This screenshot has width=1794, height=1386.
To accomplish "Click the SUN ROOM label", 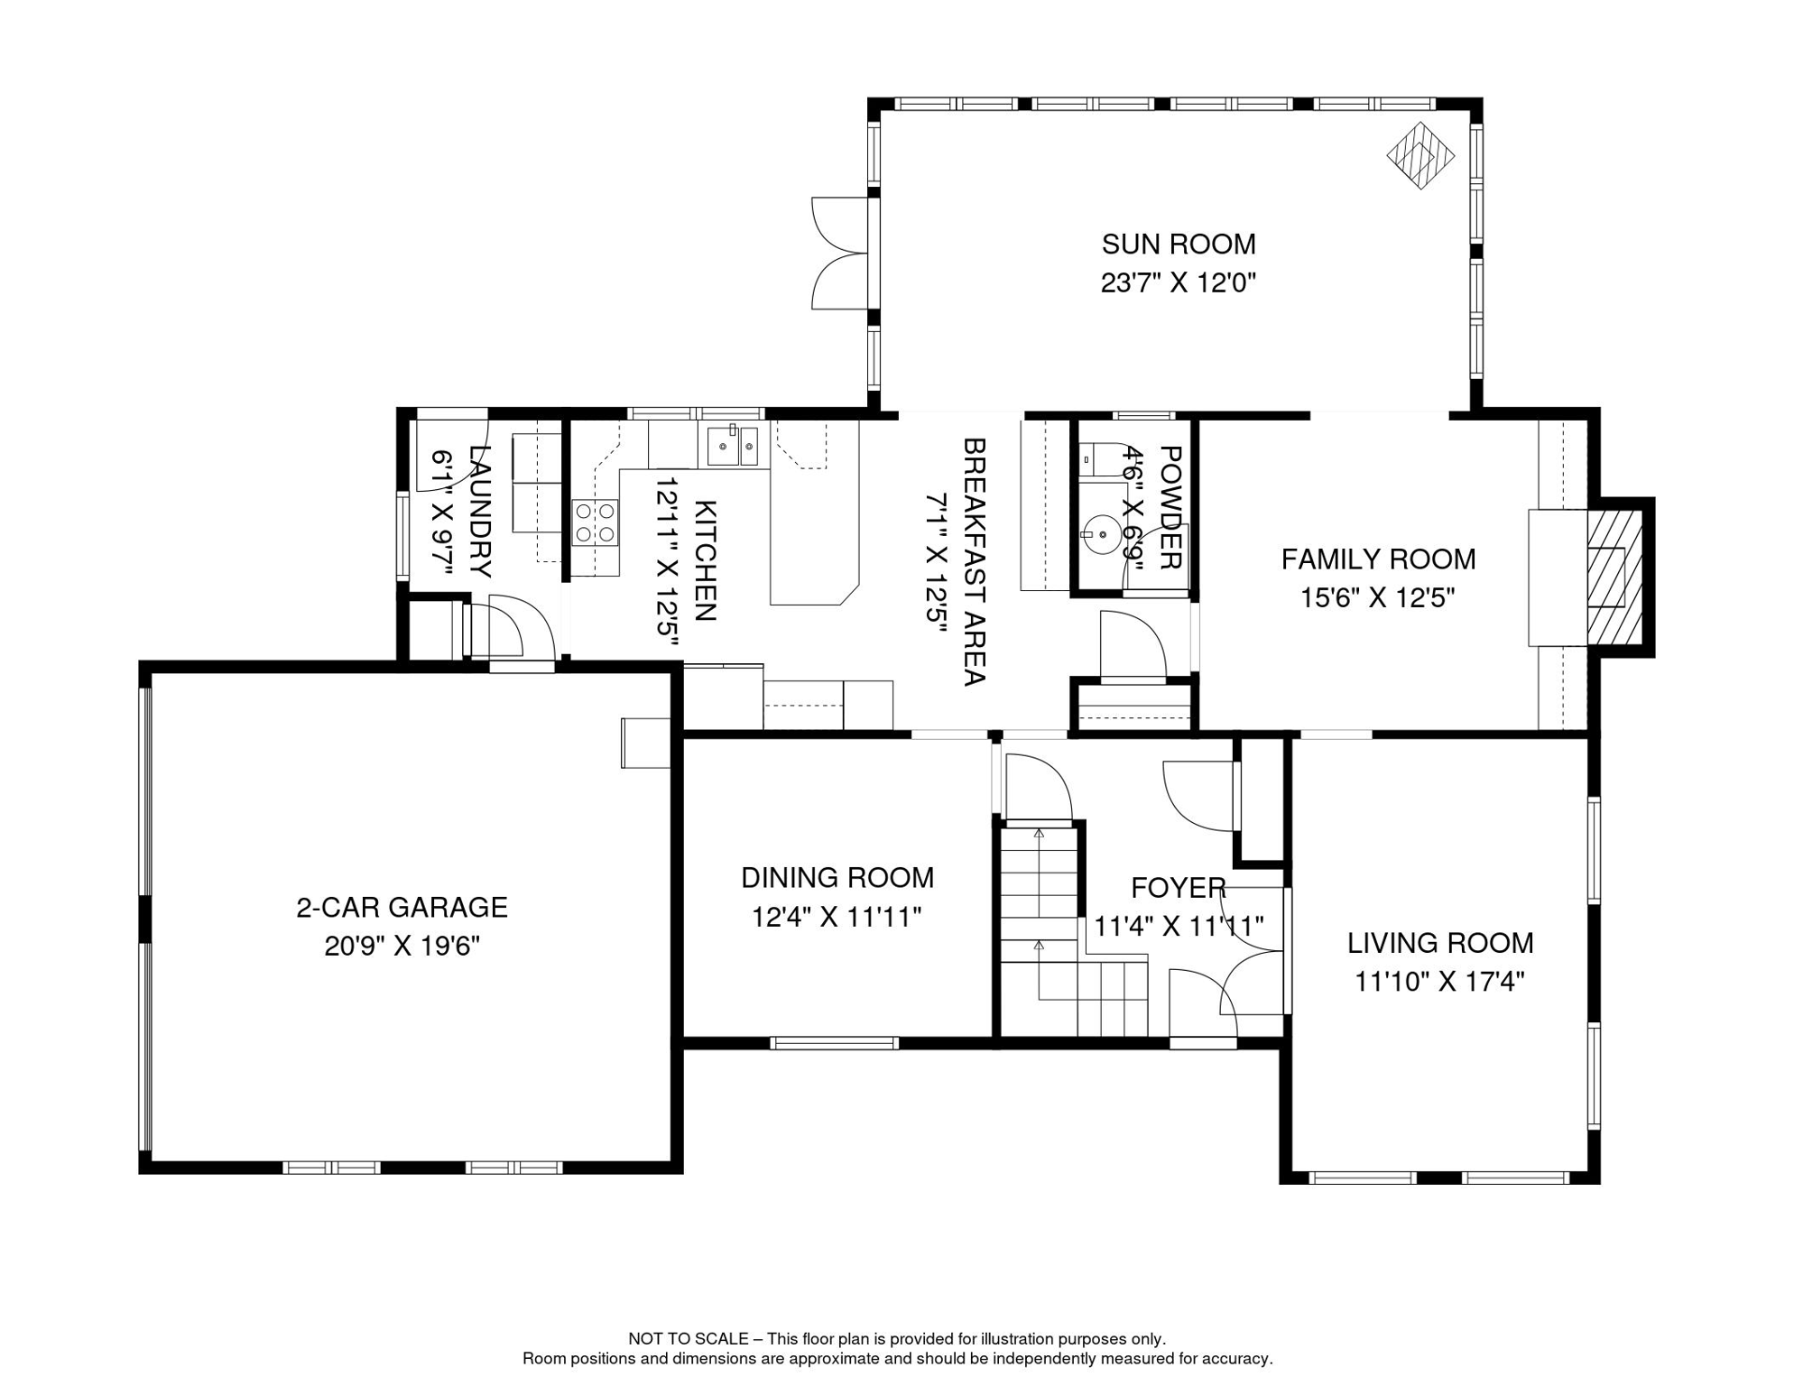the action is [x=1179, y=244].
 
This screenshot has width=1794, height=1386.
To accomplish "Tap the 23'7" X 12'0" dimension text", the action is [x=1179, y=283].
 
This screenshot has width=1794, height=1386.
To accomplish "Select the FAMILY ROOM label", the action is [x=1379, y=559].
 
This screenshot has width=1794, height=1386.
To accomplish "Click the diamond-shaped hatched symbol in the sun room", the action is [x=1420, y=155].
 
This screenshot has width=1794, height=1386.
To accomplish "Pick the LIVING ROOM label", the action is [x=1440, y=943].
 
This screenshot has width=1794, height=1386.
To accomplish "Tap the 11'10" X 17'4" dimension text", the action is [x=1440, y=982].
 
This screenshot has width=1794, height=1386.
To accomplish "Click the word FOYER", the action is [x=1179, y=888].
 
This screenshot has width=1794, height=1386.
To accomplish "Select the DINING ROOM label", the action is [x=837, y=878].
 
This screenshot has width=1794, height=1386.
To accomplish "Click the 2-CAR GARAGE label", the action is [x=402, y=908].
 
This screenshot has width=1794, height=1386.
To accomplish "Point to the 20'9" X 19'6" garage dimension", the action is [x=402, y=947].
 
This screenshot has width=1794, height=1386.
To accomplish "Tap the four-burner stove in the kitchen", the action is [x=596, y=522].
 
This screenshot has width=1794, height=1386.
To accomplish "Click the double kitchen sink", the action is [x=732, y=446].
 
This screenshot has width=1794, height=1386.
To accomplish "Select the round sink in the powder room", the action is [x=1102, y=533].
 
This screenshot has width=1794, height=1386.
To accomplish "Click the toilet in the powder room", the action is [x=1099, y=459].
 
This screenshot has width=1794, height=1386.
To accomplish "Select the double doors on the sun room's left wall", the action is [x=840, y=254].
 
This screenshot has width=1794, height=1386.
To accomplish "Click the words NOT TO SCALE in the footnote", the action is [x=689, y=1339].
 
